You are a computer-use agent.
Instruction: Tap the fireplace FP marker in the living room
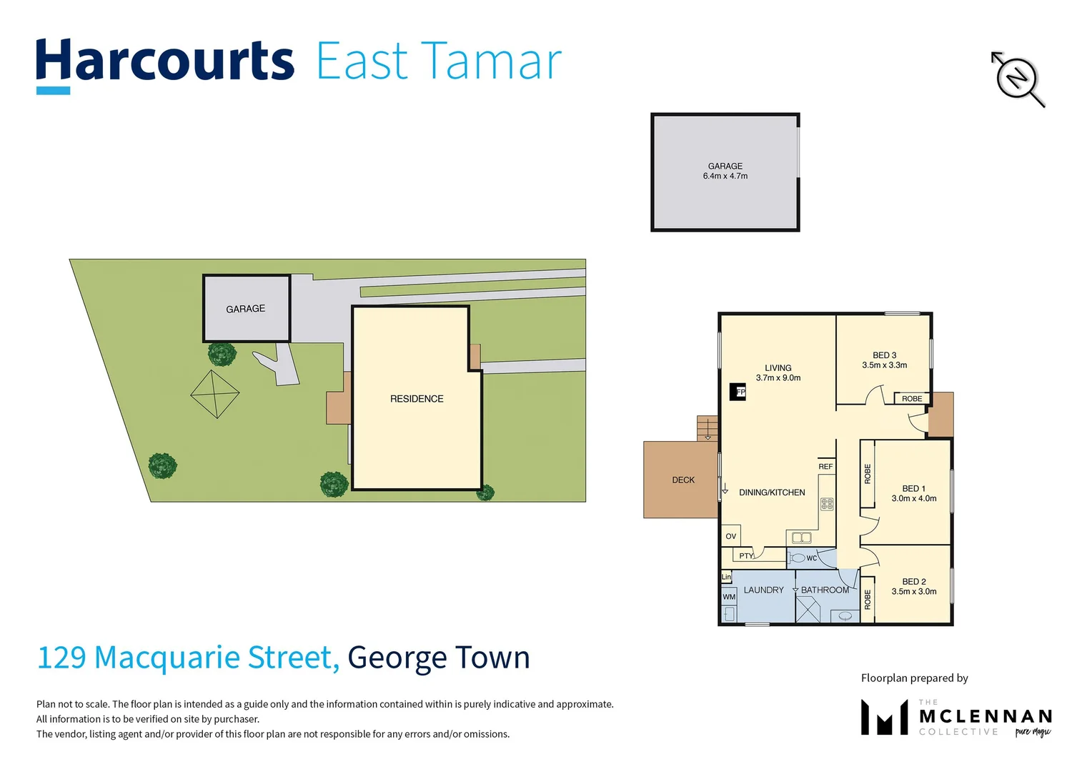pyautogui.click(x=738, y=392)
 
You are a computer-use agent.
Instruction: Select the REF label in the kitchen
pyautogui.click(x=825, y=467)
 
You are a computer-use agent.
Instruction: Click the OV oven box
pyautogui.click(x=730, y=536)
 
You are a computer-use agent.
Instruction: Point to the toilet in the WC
pyautogui.click(x=798, y=558)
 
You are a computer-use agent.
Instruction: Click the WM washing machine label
pyautogui.click(x=728, y=597)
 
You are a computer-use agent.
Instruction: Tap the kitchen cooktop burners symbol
pyautogui.click(x=827, y=504)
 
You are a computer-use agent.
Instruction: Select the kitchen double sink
pyautogui.click(x=801, y=538)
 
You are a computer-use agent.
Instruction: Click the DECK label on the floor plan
pyautogui.click(x=683, y=480)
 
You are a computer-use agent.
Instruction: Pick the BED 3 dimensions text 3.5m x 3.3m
pyautogui.click(x=884, y=365)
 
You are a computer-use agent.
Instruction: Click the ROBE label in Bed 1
pyautogui.click(x=868, y=474)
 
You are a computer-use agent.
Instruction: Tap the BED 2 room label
pyautogui.click(x=913, y=582)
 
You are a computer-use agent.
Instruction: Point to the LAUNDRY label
pyautogui.click(x=763, y=590)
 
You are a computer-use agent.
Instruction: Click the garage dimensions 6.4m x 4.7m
pyautogui.click(x=725, y=176)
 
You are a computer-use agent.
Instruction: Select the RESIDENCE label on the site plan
pyautogui.click(x=417, y=399)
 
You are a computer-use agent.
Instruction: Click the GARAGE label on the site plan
pyautogui.click(x=245, y=309)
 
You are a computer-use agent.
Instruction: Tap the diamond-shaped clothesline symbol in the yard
pyautogui.click(x=215, y=394)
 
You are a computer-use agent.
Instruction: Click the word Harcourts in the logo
pyautogui.click(x=165, y=61)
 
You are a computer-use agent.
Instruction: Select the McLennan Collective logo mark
pyautogui.click(x=884, y=718)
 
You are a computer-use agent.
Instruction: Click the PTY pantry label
pyautogui.click(x=745, y=556)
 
